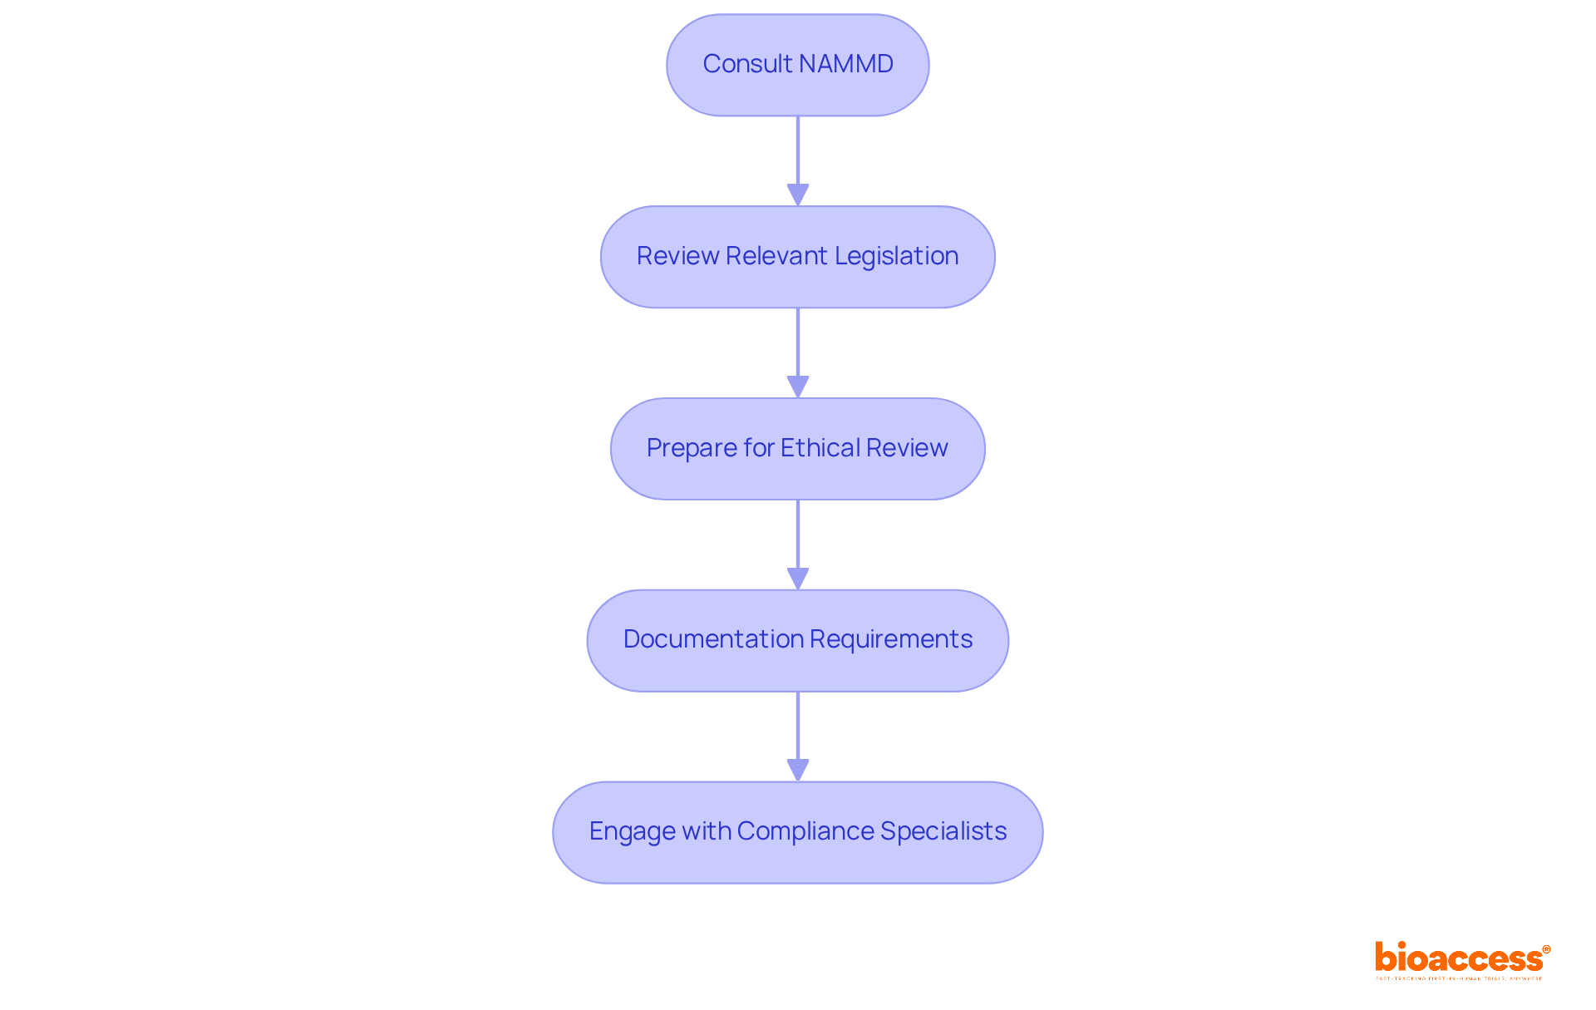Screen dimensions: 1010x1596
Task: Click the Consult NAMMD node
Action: coord(797,65)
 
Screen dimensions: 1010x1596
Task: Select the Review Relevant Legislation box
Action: coord(797,257)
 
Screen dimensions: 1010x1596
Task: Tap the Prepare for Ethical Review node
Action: coord(797,449)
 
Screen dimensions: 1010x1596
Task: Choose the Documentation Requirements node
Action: coord(797,640)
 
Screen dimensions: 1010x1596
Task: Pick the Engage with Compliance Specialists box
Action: coord(797,832)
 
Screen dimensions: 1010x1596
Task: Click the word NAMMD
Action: coord(846,64)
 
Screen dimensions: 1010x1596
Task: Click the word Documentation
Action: coord(712,639)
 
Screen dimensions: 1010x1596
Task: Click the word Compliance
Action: coord(805,831)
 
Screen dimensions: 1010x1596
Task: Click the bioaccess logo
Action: coord(1459,958)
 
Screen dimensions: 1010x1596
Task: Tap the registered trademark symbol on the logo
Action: coord(1546,949)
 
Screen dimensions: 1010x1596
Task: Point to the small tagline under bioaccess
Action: coord(1459,978)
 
